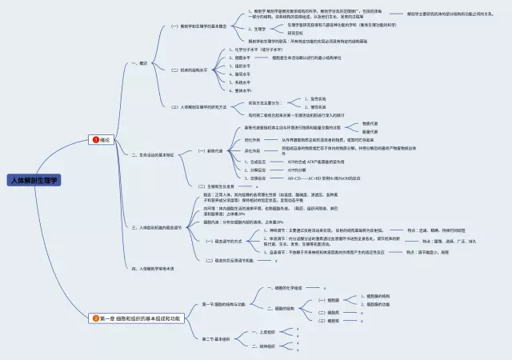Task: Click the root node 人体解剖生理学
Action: click(x=34, y=182)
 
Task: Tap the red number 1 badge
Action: click(x=96, y=139)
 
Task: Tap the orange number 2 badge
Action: click(x=96, y=318)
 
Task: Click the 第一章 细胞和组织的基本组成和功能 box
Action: click(x=140, y=318)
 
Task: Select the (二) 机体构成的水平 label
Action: click(x=190, y=70)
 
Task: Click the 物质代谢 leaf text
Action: click(x=370, y=123)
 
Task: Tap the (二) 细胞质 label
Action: click(x=328, y=312)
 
